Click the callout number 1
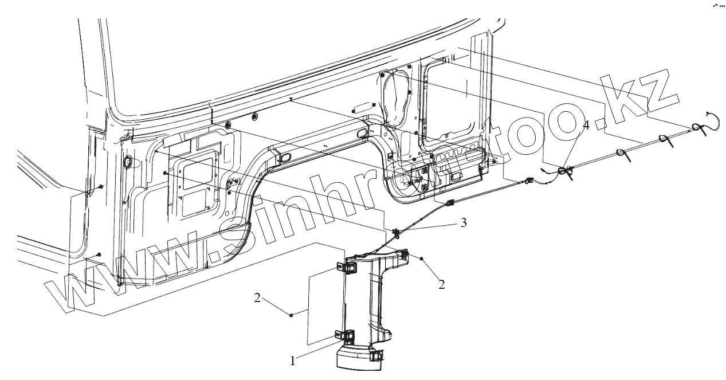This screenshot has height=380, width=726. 293,361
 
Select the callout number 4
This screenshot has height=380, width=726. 585,125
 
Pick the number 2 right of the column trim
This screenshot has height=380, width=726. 442,283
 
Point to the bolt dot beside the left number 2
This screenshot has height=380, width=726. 292,314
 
